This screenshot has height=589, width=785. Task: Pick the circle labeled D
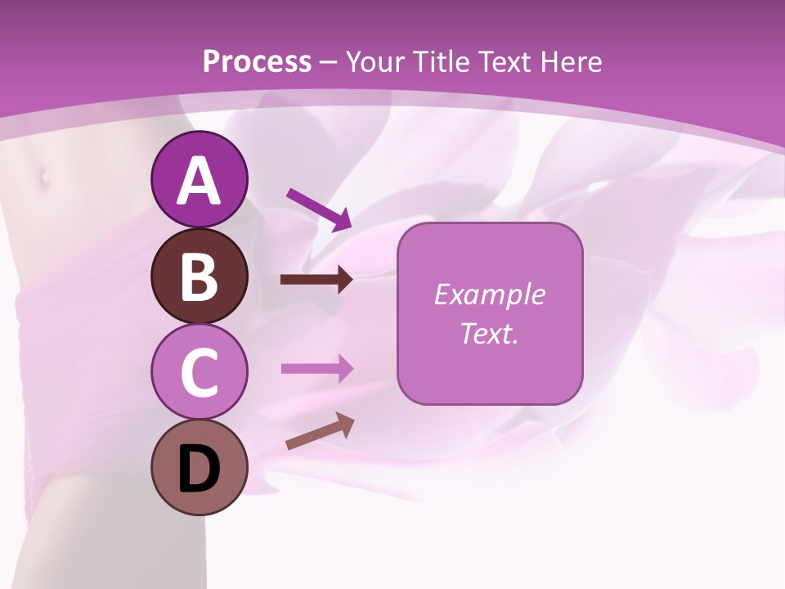[x=199, y=467]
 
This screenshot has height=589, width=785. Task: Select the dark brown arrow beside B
[x=316, y=280]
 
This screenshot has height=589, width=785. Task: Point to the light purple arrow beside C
[x=316, y=368]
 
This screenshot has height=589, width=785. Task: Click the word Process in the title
[x=257, y=61]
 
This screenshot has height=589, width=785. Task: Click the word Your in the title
[x=375, y=61]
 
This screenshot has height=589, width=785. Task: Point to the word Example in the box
[x=489, y=294]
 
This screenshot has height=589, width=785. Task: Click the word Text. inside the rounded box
[x=489, y=333]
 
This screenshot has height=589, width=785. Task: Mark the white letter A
[x=199, y=181]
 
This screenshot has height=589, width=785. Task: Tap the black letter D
[x=199, y=470]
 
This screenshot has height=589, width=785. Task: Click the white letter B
[x=199, y=277]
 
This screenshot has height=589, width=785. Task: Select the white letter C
[x=199, y=372]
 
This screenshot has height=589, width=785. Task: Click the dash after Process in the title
[x=329, y=62]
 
